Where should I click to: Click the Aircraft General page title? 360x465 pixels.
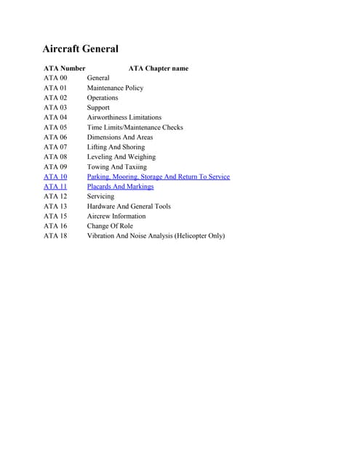click(x=81, y=49)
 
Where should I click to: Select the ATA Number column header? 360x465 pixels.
click(x=65, y=68)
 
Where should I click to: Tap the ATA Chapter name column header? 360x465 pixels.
click(x=159, y=68)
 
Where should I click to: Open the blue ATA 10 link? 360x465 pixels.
click(x=55, y=177)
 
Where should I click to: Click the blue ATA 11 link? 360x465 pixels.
click(x=55, y=187)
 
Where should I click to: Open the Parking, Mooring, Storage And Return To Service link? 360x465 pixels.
click(x=159, y=177)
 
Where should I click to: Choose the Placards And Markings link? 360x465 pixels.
click(x=121, y=187)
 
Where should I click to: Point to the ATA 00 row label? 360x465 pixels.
click(x=55, y=78)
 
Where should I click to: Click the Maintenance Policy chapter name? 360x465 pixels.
click(x=116, y=88)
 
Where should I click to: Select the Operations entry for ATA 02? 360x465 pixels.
click(x=103, y=97)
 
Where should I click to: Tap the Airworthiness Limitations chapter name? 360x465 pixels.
click(x=124, y=117)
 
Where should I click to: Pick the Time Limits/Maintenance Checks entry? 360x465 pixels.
click(x=135, y=127)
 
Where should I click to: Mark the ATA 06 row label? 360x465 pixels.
click(x=55, y=137)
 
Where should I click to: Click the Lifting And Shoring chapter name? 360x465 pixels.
click(x=116, y=147)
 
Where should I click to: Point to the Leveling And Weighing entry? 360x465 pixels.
click(x=121, y=157)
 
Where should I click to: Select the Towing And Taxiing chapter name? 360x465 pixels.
click(x=117, y=167)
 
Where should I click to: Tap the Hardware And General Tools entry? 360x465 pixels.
click(x=129, y=206)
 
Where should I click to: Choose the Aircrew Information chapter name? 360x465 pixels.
click(x=116, y=216)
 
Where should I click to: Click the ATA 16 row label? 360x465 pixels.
click(x=55, y=226)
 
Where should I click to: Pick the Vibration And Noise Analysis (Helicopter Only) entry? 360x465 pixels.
click(x=156, y=235)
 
